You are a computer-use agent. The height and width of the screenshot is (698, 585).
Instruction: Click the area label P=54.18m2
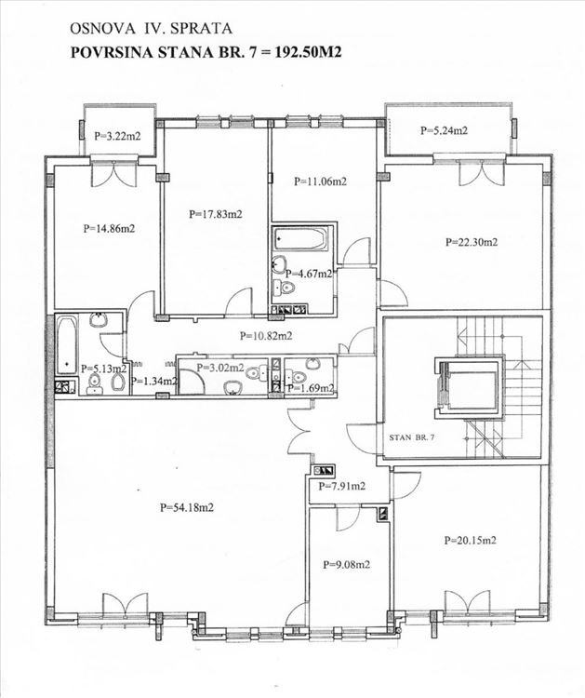pos(187,507)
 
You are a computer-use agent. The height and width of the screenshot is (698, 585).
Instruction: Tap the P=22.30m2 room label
pos(472,242)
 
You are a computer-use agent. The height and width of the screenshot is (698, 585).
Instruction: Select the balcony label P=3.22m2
pos(117,136)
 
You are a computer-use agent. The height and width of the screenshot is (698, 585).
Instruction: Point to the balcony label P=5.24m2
pos(444,130)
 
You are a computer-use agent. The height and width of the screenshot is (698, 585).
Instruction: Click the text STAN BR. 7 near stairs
pos(412,437)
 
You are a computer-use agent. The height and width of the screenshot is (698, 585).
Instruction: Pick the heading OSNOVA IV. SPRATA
pos(152,29)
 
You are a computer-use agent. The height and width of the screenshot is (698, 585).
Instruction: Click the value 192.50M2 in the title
pos(308,52)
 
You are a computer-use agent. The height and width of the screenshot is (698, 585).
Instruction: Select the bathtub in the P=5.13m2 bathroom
pos(67,346)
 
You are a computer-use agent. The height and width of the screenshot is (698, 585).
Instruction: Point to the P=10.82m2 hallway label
pos(266,336)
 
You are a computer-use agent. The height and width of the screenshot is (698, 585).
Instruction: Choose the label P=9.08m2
pos(347,565)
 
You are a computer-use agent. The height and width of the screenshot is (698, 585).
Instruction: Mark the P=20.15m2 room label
pos(471,541)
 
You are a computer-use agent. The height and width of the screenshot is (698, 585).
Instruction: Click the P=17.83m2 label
pos(216,214)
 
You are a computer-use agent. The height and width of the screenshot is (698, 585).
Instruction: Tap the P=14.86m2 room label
pos(109,229)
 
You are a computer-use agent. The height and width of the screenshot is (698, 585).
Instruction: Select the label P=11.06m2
pos(320,181)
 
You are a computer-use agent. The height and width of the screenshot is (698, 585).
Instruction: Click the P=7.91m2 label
pos(341,486)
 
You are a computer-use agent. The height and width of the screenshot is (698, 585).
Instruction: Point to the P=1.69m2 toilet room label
pos(311,388)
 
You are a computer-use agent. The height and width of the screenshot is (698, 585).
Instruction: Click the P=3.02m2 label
pos(220,368)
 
